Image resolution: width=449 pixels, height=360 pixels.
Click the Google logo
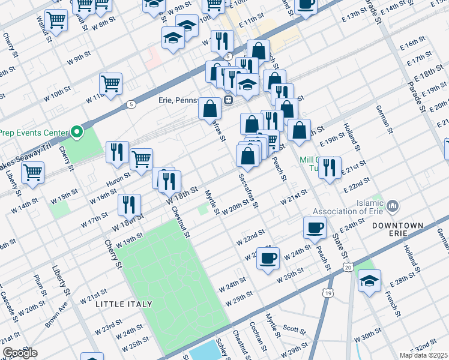click(20, 353)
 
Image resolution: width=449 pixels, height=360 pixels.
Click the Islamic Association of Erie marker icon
click(393, 206)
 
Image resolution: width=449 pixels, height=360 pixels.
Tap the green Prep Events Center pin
click(76, 131)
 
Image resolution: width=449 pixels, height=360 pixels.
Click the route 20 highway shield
click(348, 267)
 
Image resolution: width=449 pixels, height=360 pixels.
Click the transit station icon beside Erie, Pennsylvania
click(229, 100)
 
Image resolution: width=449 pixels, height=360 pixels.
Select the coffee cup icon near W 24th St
click(268, 258)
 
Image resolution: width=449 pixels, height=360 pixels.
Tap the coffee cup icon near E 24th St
click(315, 228)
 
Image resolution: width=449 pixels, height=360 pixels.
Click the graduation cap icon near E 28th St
click(369, 280)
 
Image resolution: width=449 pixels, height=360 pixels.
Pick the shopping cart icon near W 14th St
click(32, 173)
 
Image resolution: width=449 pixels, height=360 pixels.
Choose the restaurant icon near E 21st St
click(329, 167)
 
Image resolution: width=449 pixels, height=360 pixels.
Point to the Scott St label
click(295, 329)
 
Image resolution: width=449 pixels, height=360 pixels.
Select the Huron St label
click(119, 178)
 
